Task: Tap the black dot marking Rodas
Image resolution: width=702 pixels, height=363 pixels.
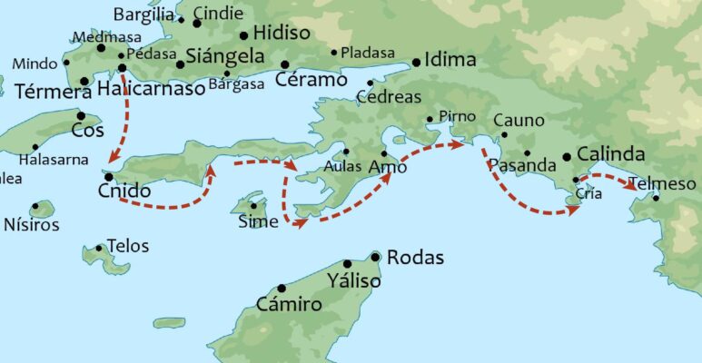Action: pyautogui.click(x=375, y=257)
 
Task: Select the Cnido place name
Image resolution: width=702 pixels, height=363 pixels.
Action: pyautogui.click(x=124, y=192)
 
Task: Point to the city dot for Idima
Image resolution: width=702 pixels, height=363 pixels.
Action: pyautogui.click(x=416, y=63)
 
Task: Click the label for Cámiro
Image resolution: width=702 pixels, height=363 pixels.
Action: pyautogui.click(x=289, y=304)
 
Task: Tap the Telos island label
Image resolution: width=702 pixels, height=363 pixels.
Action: pyautogui.click(x=127, y=246)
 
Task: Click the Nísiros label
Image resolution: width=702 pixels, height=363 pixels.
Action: pyautogui.click(x=32, y=224)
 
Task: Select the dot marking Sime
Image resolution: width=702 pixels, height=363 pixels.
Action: pyautogui.click(x=253, y=205)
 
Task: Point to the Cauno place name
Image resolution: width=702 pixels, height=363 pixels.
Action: pyautogui.click(x=518, y=121)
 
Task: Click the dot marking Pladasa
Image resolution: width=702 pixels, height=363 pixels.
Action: pyautogui.click(x=334, y=53)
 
